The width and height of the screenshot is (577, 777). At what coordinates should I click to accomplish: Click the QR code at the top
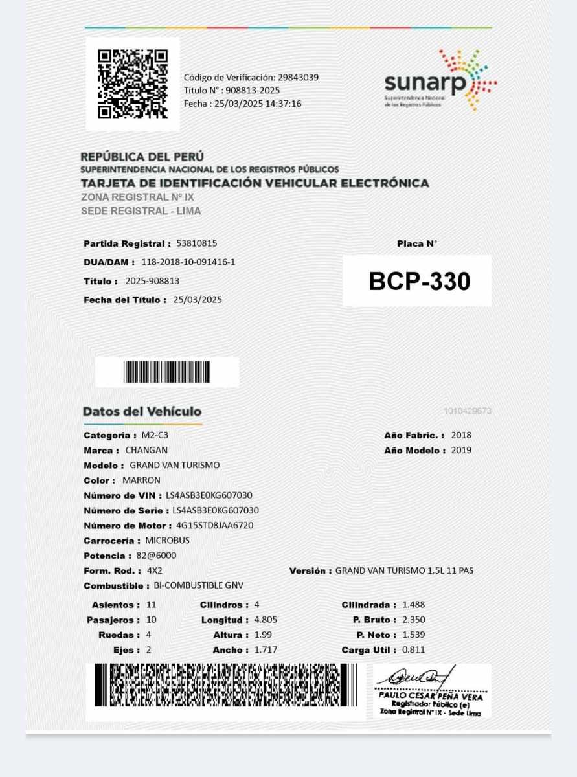[133, 84]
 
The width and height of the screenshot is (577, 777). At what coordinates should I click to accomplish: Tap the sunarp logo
[440, 81]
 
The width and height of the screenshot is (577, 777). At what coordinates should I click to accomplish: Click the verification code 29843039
[298, 77]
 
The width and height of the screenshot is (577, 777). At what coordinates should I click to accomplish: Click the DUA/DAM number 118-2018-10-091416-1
[188, 262]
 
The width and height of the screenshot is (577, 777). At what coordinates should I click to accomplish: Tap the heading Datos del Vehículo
[142, 412]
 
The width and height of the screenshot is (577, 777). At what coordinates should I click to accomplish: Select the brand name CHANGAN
[146, 450]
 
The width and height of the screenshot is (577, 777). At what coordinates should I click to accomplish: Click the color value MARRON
[141, 480]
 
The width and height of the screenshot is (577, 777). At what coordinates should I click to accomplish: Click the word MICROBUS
[167, 541]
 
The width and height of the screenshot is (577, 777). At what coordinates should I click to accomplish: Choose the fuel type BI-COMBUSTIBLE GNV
[198, 586]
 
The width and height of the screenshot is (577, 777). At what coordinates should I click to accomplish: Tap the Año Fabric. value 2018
[461, 435]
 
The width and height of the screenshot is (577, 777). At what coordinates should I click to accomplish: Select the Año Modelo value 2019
[461, 450]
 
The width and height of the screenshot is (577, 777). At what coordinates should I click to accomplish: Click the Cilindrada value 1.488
[413, 605]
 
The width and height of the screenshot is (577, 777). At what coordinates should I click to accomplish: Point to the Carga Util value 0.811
[413, 649]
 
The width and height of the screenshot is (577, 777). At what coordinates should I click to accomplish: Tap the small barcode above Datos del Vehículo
[167, 372]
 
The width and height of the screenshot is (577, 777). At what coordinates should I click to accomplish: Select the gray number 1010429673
[467, 411]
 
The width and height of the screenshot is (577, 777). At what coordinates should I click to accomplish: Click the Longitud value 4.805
[266, 620]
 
